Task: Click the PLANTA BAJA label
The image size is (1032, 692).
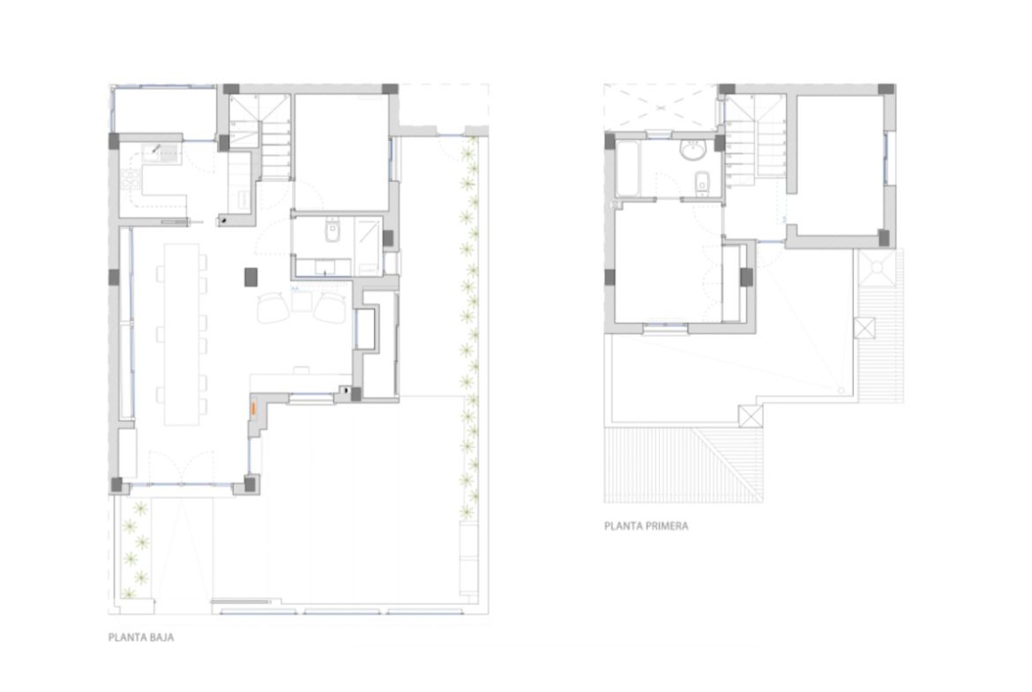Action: coord(141,637)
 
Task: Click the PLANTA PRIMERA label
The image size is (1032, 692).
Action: coord(646,526)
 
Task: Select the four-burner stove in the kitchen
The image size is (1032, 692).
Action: coord(130,180)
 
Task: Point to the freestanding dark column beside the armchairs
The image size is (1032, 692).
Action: coord(251,277)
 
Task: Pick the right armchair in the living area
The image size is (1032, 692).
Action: coord(331,307)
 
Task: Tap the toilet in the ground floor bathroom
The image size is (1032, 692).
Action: coord(332,231)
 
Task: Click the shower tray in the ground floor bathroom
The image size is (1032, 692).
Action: coord(369,247)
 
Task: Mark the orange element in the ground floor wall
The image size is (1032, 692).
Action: coord(252,408)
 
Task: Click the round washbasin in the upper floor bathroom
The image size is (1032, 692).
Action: coord(692,151)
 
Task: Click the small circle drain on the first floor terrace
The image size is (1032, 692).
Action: coord(841,391)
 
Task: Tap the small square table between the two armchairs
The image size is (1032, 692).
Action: coord(302,301)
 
